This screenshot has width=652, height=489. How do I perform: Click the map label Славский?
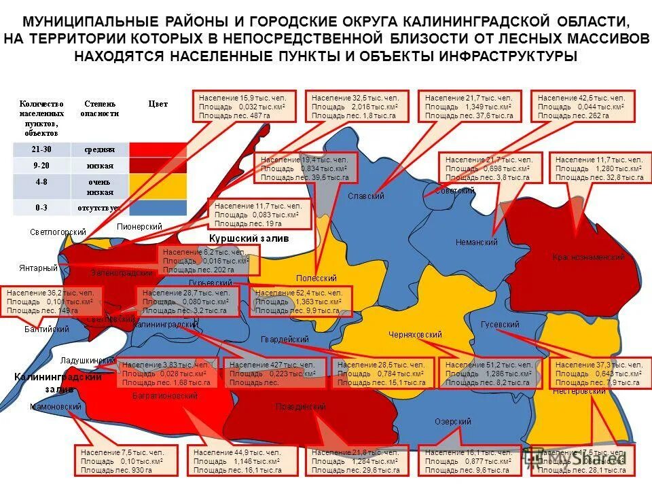tap(366, 196)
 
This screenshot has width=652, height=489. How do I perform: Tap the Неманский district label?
tap(476, 242)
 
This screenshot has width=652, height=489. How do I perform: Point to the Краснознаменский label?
tap(588, 258)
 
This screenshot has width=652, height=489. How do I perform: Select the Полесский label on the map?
tap(316, 278)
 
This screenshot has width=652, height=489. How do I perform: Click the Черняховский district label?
tap(415, 335)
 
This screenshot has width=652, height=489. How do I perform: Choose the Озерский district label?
tap(452, 422)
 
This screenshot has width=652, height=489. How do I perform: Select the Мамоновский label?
tap(56, 407)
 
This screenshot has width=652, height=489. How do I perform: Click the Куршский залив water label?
tap(249, 239)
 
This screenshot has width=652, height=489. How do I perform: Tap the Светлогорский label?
tap(58, 232)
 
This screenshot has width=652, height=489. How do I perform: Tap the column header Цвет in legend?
tap(158, 105)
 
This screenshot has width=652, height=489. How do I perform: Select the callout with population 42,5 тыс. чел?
tap(582, 107)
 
